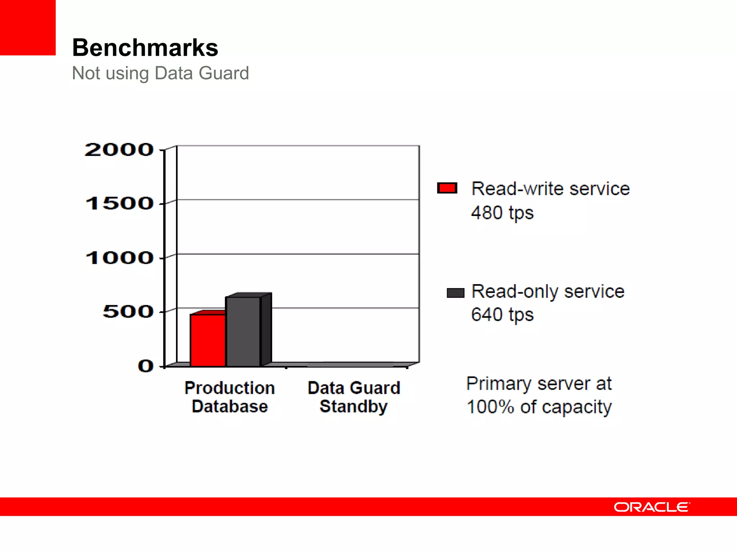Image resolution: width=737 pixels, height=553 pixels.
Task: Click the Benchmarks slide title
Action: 145,48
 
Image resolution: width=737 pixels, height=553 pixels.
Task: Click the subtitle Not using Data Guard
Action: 160,73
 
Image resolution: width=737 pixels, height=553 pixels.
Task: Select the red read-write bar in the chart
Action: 208,340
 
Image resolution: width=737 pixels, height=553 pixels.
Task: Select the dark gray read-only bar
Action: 243,331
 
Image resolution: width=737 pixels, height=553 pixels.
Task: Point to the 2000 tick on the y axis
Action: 119,150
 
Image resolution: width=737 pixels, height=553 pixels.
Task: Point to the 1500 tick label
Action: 119,203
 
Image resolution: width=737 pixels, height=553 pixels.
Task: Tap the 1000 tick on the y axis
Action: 119,258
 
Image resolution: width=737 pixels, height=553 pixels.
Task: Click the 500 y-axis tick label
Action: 128,311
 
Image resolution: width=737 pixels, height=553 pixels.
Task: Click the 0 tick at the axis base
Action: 145,366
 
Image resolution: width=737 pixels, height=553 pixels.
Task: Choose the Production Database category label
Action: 230,397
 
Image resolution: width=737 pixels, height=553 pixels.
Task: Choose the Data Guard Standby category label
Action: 354,397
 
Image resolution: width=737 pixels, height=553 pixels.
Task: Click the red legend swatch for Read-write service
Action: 447,188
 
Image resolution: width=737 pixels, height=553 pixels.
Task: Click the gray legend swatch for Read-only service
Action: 455,293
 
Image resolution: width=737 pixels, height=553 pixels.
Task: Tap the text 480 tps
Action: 502,213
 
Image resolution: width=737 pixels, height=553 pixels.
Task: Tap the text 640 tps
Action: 502,315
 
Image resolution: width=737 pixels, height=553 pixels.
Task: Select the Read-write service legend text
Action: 551,189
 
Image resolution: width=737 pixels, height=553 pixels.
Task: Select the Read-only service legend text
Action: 548,291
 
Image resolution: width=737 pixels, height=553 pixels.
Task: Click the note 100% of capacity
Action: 539,407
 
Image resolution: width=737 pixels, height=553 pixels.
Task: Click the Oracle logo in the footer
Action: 652,507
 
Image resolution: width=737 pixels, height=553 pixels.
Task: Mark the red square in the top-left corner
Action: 28,27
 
